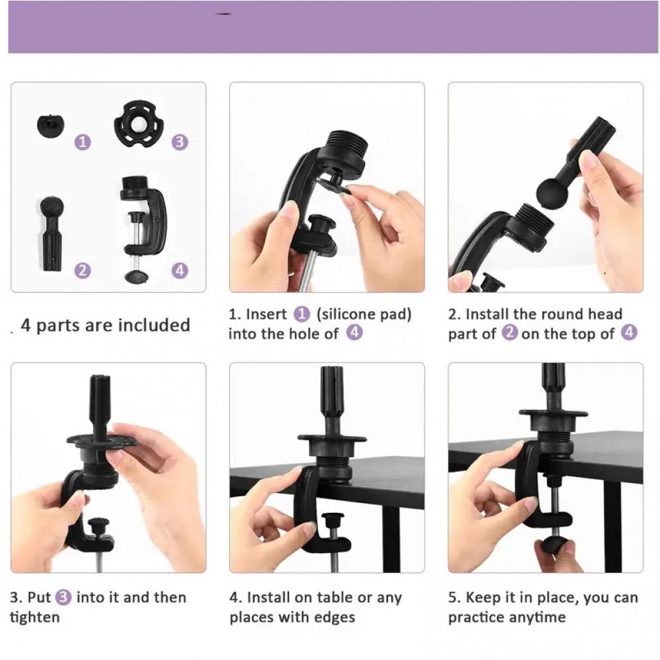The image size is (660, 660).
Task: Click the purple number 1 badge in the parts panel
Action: coord(82,142)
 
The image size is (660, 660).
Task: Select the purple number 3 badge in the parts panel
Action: coord(180,142)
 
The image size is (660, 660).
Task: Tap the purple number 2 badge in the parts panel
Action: coord(82,270)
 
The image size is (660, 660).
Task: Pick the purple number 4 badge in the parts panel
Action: coord(180,270)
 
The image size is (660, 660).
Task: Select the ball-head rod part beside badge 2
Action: coord(51,233)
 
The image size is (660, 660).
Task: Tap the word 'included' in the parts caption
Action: coord(154,325)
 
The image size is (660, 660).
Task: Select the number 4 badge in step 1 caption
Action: coord(354,333)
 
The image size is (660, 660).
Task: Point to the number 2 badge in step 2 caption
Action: coord(510,333)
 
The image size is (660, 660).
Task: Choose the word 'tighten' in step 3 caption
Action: coord(34,618)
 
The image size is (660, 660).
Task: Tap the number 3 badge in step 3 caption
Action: coord(63,597)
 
